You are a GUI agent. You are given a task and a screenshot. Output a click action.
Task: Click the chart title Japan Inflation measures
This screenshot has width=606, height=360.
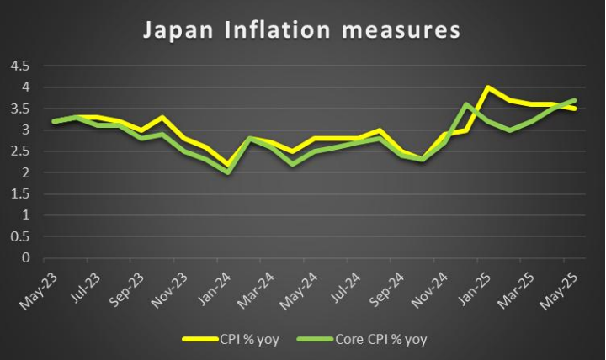coord(302,30)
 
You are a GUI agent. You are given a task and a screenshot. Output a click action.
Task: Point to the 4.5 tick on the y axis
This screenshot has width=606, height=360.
coord(19,66)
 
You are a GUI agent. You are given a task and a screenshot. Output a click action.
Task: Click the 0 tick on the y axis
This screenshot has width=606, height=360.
coord(25,258)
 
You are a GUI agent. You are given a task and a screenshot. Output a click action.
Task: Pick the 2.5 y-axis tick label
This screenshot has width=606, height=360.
coord(19,151)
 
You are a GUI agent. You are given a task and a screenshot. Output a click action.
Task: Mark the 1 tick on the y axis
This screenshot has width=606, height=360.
coord(25,215)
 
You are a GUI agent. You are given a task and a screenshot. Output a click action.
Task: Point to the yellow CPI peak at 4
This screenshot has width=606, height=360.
coord(487,87)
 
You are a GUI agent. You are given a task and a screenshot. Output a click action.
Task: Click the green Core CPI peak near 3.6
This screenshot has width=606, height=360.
coord(465,104)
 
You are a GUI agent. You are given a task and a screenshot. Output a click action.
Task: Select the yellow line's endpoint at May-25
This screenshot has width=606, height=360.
coord(576,109)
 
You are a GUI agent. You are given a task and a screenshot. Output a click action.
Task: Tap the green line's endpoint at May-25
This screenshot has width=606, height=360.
coord(576,100)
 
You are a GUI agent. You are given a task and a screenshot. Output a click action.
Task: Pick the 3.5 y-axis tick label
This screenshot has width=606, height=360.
coord(19,109)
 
